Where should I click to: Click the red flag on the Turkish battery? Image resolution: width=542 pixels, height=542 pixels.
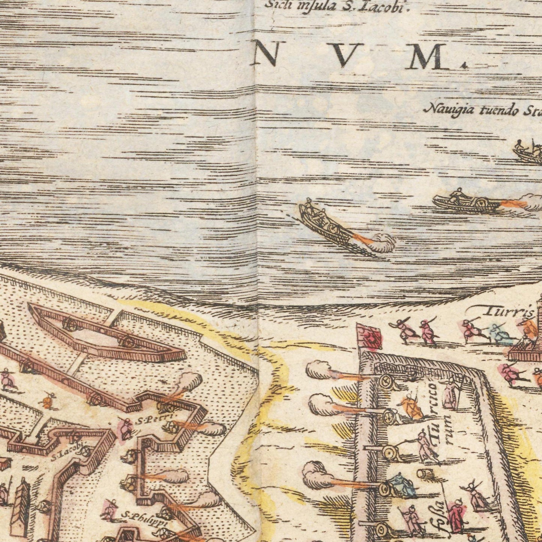(x=370, y=336)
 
